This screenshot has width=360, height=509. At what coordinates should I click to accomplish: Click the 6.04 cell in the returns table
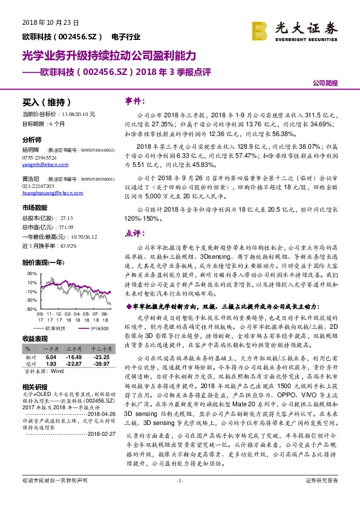(x=51, y=357)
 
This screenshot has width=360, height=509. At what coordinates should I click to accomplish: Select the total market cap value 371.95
(x=67, y=225)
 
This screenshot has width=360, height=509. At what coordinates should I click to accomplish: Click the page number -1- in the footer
(x=179, y=497)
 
